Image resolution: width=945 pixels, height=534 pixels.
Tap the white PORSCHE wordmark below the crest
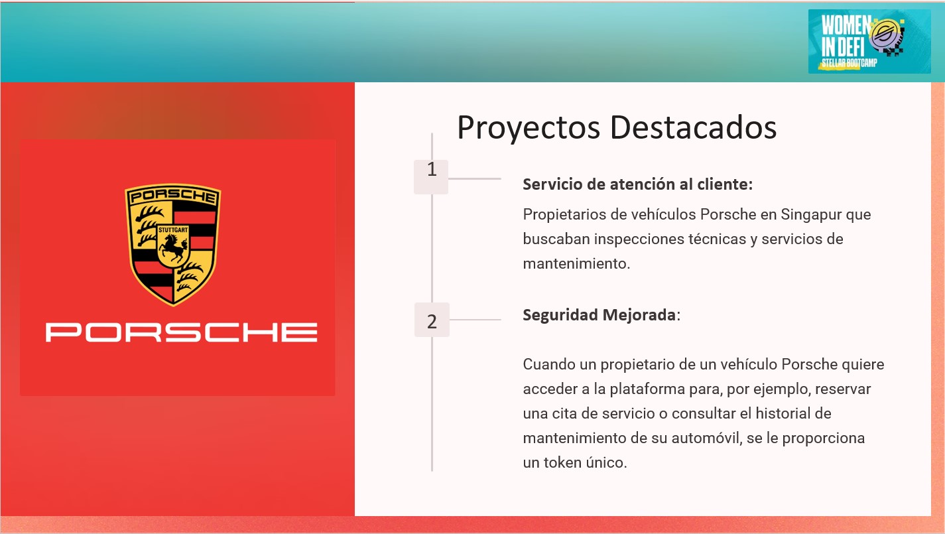[182, 332]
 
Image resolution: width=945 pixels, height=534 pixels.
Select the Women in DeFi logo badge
[869, 41]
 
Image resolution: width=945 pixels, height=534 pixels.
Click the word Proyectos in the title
[529, 127]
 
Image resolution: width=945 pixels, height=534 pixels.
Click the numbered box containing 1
[431, 177]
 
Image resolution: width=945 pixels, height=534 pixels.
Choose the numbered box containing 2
[432, 320]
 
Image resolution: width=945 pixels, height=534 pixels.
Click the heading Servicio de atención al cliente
[638, 184]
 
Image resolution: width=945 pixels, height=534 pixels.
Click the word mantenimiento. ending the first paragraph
[576, 263]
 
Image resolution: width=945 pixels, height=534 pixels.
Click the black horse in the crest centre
[173, 249]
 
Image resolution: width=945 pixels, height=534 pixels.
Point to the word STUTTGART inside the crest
[173, 230]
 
